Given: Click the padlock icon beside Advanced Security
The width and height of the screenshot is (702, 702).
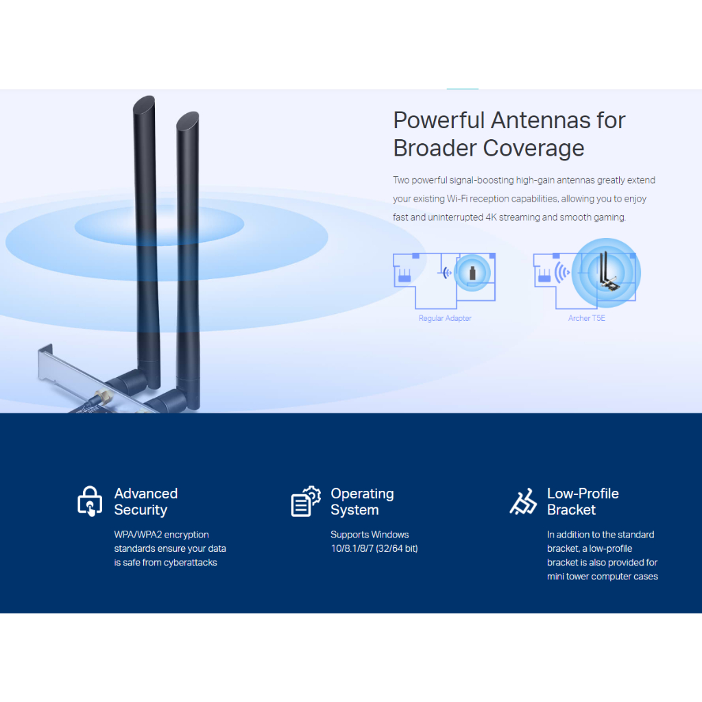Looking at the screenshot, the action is (x=90, y=501).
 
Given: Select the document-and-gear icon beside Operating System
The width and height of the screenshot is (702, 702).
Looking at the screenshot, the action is (x=306, y=501).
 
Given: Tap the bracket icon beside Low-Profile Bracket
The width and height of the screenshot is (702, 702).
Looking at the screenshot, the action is (x=523, y=501).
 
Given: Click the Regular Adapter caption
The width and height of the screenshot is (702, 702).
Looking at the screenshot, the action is (x=445, y=318).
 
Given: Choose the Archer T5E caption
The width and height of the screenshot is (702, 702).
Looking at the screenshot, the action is (x=587, y=318).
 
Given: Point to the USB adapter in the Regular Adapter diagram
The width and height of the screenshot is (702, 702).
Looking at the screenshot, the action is (x=472, y=273).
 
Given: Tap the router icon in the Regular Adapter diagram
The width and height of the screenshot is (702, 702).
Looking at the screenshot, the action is (x=404, y=276).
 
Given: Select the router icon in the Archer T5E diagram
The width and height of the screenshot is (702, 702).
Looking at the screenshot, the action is (x=544, y=276).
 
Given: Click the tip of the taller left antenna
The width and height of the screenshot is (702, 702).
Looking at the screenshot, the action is (x=144, y=99).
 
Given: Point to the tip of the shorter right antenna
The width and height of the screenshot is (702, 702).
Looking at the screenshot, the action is (x=188, y=115).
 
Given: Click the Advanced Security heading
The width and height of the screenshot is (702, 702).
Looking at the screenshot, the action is (x=146, y=501).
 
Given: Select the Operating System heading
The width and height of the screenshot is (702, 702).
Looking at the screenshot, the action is (x=362, y=501).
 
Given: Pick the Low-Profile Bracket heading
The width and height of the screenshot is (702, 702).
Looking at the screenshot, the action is (x=583, y=501).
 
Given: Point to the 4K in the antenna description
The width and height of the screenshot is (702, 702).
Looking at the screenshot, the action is (x=491, y=217).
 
